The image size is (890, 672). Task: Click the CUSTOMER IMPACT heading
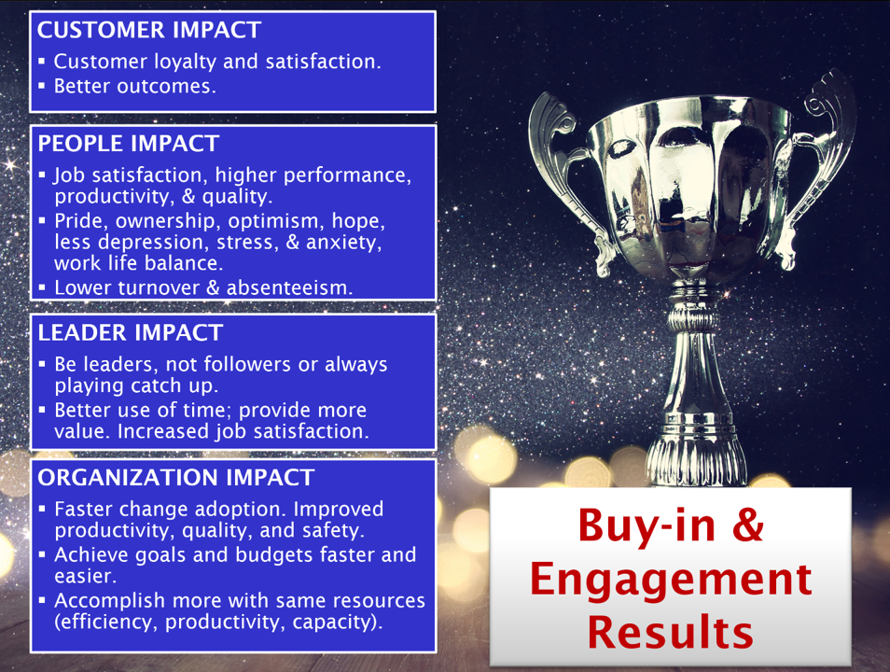[148, 30]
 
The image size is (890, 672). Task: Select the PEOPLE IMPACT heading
[129, 144]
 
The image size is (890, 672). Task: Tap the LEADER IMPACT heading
[130, 333]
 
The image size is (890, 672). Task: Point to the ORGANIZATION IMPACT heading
[176, 478]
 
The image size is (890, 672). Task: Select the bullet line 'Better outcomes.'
[135, 87]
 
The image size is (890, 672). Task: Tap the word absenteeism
[289, 288]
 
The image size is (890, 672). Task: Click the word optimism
[277, 221]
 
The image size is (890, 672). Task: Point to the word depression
[152, 243]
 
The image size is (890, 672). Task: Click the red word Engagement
[671, 581]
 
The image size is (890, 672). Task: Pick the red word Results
[671, 632]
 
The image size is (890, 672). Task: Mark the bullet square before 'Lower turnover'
[41, 287]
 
